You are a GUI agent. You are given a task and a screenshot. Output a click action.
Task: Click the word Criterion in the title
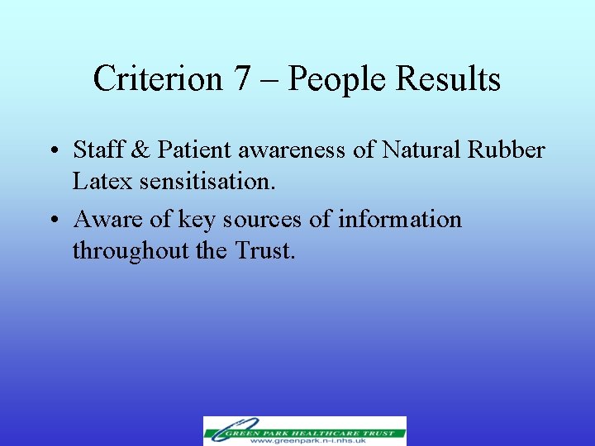[x=158, y=79]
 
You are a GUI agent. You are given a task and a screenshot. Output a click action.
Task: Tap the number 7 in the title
[x=241, y=79]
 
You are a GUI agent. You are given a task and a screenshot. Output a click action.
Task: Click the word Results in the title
[x=449, y=79]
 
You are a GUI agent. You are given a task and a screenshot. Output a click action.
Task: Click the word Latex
[x=102, y=180]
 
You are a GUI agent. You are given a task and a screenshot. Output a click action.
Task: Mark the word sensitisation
[x=207, y=180]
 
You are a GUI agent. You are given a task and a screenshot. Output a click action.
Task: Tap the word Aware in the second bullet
[x=105, y=219]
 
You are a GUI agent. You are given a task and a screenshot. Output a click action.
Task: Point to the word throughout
[x=131, y=250]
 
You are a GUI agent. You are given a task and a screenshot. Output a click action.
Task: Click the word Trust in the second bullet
[x=264, y=249]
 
